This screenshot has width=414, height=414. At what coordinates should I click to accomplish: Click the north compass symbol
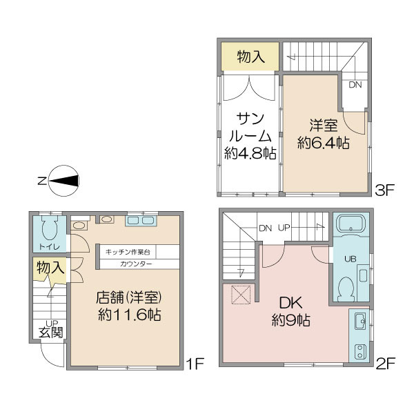tap(63, 181)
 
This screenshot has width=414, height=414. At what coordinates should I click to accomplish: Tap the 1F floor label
tap(195, 364)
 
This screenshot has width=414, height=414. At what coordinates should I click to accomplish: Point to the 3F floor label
tap(385, 190)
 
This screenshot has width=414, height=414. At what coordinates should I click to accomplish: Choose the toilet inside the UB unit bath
tap(346, 289)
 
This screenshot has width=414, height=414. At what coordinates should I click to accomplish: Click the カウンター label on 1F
tap(136, 264)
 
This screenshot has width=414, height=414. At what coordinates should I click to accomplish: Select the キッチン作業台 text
tap(128, 252)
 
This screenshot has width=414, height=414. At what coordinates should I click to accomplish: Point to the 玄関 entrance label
tap(50, 333)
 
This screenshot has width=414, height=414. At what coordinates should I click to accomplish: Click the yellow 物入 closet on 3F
tap(250, 57)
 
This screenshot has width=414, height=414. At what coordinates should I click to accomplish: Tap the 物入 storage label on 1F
tap(50, 268)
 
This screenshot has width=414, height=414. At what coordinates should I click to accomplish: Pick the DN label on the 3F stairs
tap(355, 85)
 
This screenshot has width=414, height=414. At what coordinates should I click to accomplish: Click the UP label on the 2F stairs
tap(284, 228)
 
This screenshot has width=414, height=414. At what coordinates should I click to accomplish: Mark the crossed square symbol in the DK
tap(241, 295)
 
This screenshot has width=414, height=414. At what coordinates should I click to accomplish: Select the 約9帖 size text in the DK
tap(291, 321)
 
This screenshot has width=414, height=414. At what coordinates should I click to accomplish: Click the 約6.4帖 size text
tap(324, 144)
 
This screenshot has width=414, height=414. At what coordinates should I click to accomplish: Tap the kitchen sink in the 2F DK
tap(360, 321)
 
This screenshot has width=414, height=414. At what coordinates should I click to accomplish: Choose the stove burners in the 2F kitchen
tap(359, 352)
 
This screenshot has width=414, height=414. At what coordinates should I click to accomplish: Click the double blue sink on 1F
tap(141, 221)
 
